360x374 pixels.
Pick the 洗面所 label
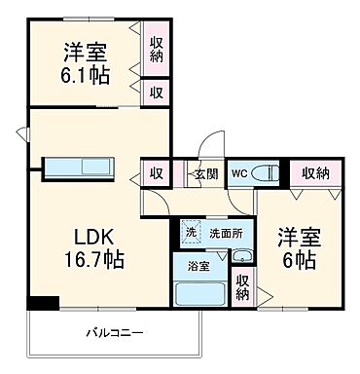coord(226,234)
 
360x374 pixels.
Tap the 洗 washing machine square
coord(192,234)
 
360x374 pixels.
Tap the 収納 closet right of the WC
coord(314,173)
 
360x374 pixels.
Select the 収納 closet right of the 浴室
coord(242,288)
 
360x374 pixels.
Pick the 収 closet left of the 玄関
coord(156,173)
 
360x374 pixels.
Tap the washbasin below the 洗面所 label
coord(241,256)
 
